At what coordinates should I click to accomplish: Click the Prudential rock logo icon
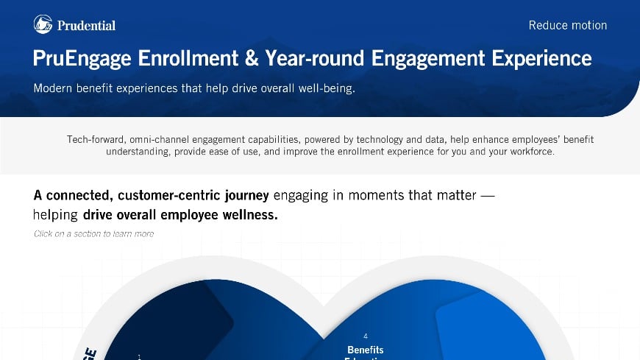coord(43,24)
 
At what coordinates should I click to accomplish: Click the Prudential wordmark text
coord(85,25)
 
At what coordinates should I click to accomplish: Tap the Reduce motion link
coord(567,25)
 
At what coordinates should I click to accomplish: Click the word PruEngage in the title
coord(85,58)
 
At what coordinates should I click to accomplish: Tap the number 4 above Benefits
coord(366,336)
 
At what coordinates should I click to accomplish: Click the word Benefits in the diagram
coord(366,349)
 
